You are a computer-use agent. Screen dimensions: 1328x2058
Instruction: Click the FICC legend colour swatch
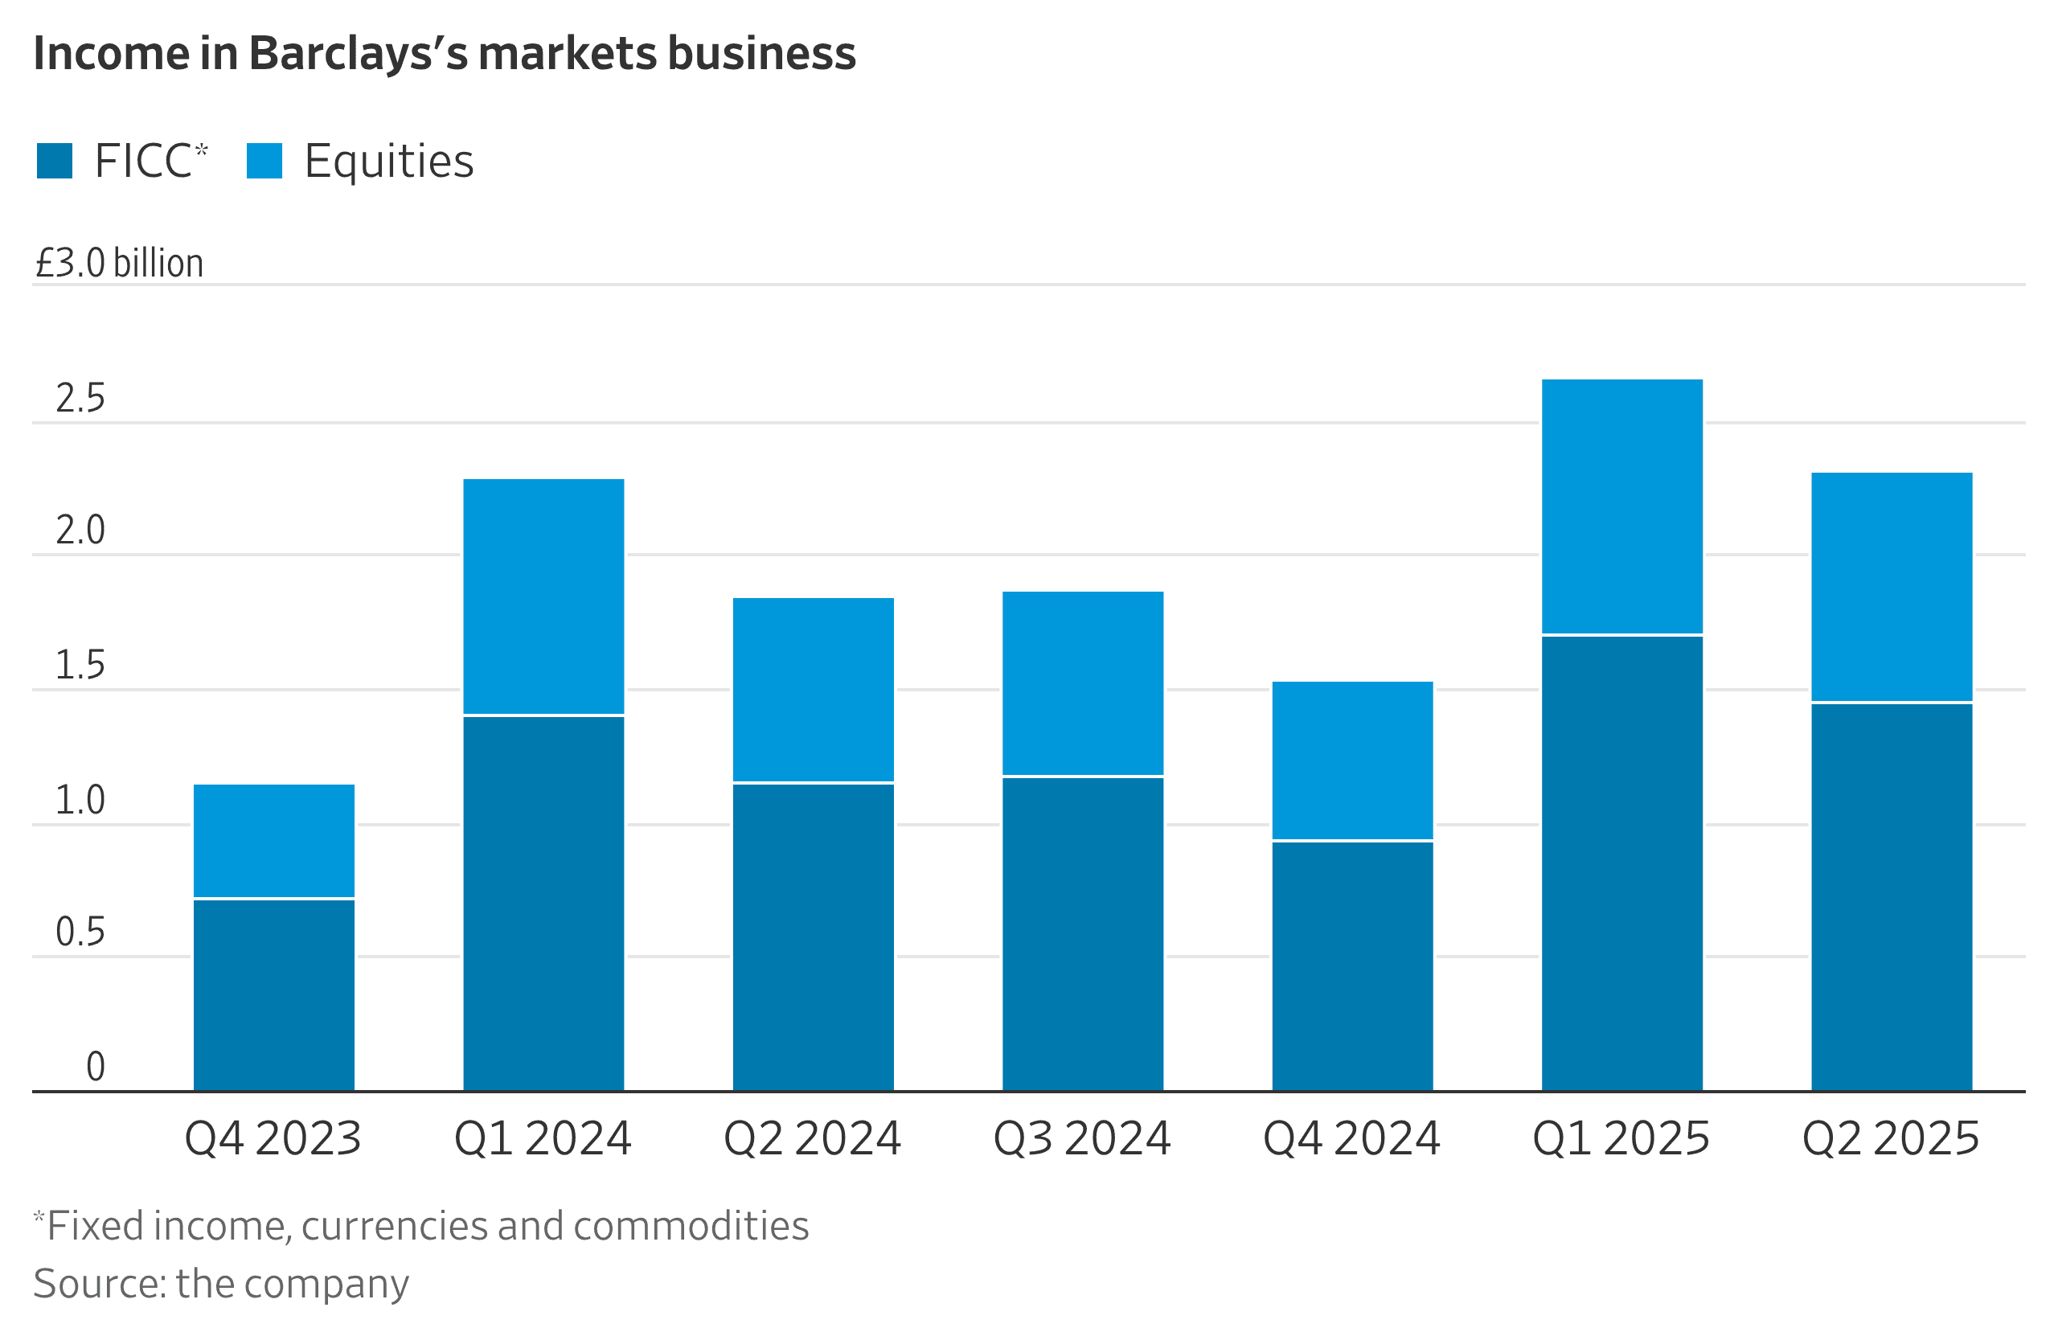(x=55, y=162)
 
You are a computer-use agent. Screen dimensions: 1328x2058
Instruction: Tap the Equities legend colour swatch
(x=264, y=162)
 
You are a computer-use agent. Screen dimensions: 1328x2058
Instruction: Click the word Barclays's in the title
(x=358, y=54)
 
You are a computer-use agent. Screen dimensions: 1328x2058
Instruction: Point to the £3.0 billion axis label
(x=119, y=263)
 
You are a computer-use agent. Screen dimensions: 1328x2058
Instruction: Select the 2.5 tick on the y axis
(x=80, y=399)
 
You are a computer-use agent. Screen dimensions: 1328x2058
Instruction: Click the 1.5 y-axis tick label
(x=80, y=665)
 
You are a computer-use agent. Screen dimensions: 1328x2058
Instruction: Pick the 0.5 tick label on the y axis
(x=80, y=932)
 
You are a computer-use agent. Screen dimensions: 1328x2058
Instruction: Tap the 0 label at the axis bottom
(x=95, y=1067)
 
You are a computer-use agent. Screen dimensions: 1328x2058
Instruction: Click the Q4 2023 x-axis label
(x=273, y=1138)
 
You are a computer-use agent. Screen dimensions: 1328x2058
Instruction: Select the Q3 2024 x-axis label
(x=1082, y=1138)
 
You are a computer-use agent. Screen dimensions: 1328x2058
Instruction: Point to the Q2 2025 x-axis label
(x=1891, y=1138)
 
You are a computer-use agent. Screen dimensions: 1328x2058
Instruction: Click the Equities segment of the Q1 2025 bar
(x=1621, y=506)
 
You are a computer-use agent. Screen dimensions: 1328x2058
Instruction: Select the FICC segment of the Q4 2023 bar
(x=273, y=995)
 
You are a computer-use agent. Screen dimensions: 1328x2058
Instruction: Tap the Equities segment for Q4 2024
(x=1352, y=760)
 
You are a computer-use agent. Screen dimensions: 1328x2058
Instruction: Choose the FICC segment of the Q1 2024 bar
(x=543, y=903)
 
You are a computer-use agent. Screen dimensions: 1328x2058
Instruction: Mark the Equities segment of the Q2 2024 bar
(x=813, y=689)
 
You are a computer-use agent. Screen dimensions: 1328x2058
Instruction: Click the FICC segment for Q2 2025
(x=1892, y=897)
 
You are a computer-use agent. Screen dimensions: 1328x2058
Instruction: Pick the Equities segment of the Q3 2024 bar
(x=1082, y=683)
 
